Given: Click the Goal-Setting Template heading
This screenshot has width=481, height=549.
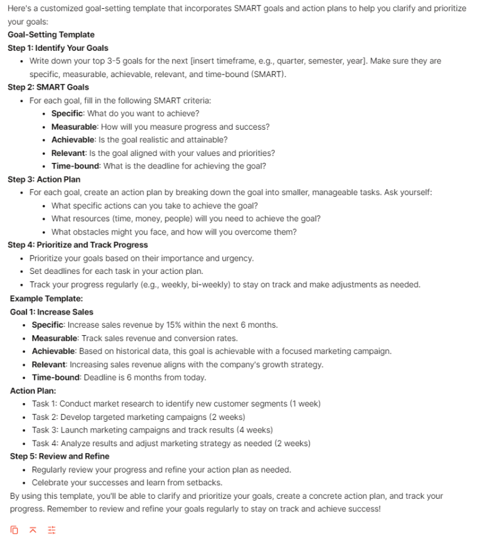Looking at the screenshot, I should click(x=51, y=34).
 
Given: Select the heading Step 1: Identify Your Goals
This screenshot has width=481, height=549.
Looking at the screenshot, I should click(x=58, y=48).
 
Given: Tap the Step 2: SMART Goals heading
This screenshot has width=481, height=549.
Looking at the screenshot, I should click(x=48, y=87).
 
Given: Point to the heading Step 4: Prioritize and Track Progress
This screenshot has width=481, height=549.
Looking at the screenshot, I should click(x=78, y=245).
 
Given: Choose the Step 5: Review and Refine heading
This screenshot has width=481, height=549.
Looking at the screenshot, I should click(x=59, y=456).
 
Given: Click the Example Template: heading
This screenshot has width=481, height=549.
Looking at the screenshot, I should click(x=46, y=298).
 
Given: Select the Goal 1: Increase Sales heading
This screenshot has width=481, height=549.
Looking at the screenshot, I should click(x=51, y=311).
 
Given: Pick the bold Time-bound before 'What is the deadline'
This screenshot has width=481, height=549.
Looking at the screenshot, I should click(x=75, y=166).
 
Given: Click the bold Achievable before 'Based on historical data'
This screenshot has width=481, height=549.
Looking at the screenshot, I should click(x=54, y=351).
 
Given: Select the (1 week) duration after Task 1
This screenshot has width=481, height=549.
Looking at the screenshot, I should click(x=305, y=404).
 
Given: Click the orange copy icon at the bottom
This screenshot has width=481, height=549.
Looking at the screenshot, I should click(x=14, y=530).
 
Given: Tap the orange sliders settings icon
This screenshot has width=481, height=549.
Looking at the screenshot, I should click(x=52, y=530).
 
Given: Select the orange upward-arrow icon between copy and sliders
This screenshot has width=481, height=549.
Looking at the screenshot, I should click(x=33, y=530).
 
